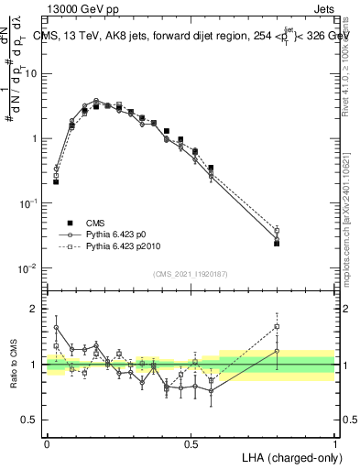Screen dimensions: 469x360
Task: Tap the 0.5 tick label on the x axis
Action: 191,442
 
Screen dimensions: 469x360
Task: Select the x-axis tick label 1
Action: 335,442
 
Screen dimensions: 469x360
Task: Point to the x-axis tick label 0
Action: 47,442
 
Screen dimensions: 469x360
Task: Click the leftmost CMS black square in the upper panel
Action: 56,181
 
